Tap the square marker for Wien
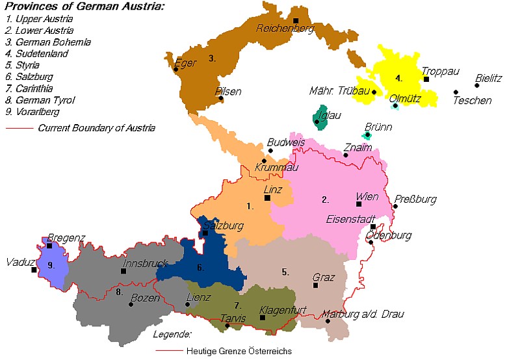click(x=359, y=205)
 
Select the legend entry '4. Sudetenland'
click(x=37, y=54)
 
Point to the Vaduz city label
click(x=17, y=263)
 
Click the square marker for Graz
click(x=315, y=285)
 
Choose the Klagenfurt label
click(x=283, y=311)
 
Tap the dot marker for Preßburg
click(x=395, y=207)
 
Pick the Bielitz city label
click(x=488, y=78)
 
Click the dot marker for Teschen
click(x=456, y=92)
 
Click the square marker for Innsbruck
click(x=123, y=271)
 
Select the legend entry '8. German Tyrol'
click(x=40, y=100)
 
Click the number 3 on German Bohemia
click(x=212, y=58)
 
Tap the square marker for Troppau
click(x=426, y=79)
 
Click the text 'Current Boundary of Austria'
click(x=96, y=128)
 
